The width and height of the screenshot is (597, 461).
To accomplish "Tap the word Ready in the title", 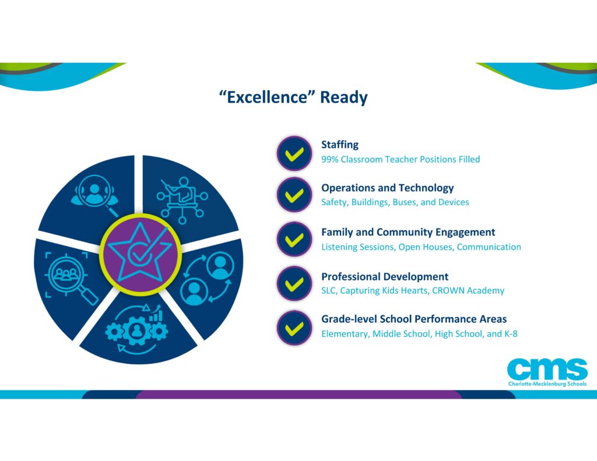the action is tap(344, 97).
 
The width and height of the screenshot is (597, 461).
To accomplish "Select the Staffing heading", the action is tap(340, 145).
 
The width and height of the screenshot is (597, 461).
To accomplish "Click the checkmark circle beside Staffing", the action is tap(294, 153).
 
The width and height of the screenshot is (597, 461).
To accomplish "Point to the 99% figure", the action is tap(330, 159).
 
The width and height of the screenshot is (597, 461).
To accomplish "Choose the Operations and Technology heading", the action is tap(388, 188).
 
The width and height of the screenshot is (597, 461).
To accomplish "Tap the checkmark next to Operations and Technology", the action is tap(294, 195).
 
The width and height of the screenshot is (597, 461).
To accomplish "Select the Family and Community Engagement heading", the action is tap(408, 232).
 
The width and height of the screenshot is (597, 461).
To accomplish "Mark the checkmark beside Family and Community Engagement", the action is tap(294, 239).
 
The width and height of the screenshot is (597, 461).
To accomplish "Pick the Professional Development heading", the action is tap(385, 276).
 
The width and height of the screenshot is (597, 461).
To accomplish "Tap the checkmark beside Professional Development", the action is tap(294, 284).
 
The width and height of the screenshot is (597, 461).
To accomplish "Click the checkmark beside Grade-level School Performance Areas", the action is tap(294, 328).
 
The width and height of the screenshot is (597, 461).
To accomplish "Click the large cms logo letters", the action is tap(547, 369).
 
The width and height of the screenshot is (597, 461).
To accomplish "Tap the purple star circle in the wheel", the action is tap(140, 254).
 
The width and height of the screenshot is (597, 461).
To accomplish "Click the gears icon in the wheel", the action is tap(137, 330).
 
